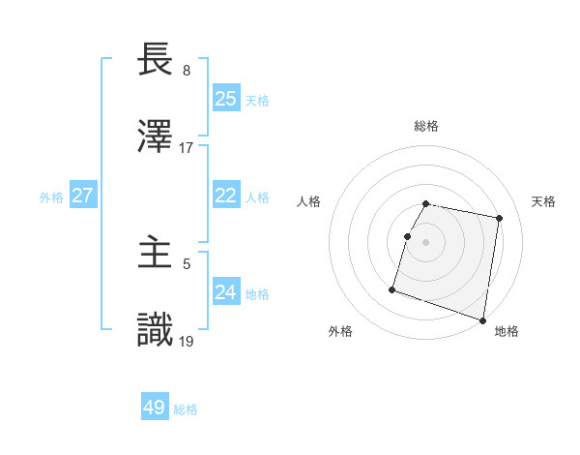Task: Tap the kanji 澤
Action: point(156,136)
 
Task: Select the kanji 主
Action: point(156,253)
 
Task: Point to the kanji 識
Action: point(156,330)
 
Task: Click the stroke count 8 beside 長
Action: point(187,71)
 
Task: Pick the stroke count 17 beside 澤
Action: point(187,148)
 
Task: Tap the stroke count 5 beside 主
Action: point(187,263)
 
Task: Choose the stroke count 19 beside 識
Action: point(187,341)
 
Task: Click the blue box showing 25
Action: point(226,99)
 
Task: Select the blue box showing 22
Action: point(226,196)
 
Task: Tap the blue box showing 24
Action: point(226,292)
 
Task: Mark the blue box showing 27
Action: point(82,196)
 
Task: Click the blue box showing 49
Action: point(155,408)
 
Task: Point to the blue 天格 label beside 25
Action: point(257,101)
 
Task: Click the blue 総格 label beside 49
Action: point(186,409)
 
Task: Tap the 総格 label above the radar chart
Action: point(426,126)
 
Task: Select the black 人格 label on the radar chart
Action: point(309,201)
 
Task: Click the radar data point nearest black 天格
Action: point(499,219)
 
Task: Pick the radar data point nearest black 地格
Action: point(482,319)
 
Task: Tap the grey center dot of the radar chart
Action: point(426,242)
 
